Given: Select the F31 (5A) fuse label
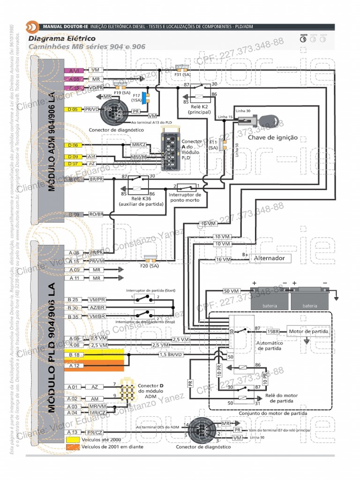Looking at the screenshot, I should (182, 74).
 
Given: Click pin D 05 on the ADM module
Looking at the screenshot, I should (73, 109).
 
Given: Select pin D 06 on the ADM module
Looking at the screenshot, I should (73, 145).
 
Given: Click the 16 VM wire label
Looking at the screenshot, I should (223, 259).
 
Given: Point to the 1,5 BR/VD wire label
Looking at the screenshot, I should (170, 355).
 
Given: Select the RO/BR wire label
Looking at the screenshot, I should (96, 214).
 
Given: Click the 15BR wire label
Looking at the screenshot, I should (273, 331).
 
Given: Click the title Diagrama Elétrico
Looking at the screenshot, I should (62, 38).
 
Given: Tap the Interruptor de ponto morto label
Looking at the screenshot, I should (185, 197).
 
